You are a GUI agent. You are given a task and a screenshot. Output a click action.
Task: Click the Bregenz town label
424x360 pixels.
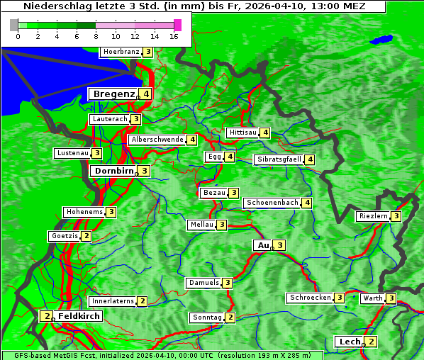pos(113,94)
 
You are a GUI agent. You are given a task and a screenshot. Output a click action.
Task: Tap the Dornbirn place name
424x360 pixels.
pos(113,171)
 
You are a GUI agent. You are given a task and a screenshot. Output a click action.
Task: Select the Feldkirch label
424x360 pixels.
pos(79,315)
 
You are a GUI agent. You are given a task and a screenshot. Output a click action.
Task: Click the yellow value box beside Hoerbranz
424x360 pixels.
pos(147,52)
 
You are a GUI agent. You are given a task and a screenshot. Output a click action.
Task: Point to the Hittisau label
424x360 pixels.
pos(242,133)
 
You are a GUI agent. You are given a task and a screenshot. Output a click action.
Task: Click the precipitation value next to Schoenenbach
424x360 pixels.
pos(307,203)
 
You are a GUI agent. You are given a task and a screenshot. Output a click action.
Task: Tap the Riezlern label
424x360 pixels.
pos(374,216)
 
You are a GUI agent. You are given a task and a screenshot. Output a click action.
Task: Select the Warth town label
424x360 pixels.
pos(373,298)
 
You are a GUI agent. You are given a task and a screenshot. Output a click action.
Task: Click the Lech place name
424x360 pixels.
pos(350,342)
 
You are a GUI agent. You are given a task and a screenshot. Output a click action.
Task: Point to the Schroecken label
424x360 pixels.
pos(311,298)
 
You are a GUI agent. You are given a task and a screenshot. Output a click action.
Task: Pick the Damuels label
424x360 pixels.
pos(203,283)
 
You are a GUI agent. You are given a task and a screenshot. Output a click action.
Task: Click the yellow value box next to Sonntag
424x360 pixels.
pos(230,317)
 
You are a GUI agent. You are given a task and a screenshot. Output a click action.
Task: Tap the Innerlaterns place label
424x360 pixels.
pos(113,301)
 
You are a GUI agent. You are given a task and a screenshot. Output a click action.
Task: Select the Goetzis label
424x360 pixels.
pos(65,236)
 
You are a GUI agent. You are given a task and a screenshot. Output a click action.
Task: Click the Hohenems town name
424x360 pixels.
pos(84,212)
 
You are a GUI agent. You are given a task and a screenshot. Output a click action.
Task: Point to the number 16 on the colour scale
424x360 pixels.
pos(174,36)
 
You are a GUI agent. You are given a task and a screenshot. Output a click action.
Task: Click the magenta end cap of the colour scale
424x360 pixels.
pos(177,25)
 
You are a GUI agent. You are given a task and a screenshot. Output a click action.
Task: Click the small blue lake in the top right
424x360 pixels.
pos(381,40)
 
